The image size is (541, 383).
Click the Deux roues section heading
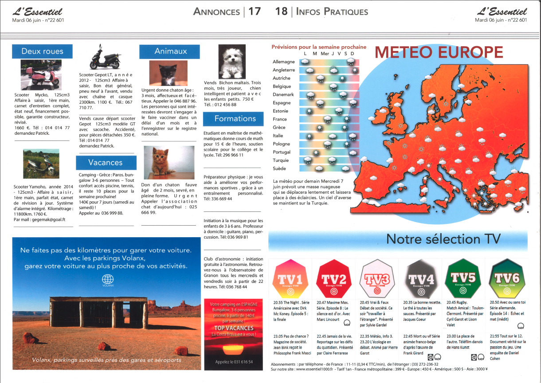click(42, 51)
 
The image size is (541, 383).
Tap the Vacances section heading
click(105, 163)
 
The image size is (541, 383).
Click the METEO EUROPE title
click(439, 52)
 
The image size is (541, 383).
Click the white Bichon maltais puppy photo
click(232, 62)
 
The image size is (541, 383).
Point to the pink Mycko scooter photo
click(41, 75)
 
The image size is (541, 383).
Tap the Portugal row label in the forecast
click(282, 152)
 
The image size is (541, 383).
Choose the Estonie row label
click(280, 111)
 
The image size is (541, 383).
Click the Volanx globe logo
click(108, 279)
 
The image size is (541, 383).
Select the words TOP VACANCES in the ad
click(234, 328)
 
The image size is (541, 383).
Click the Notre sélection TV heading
click(443, 239)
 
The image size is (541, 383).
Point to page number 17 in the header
click(255, 12)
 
